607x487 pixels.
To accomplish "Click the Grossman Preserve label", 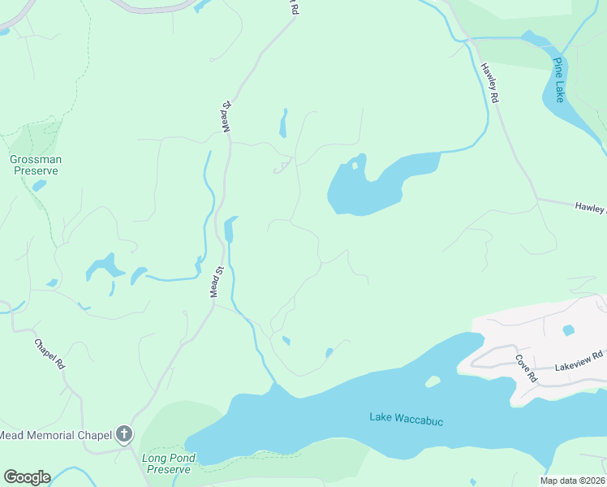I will pyautogui.click(x=35, y=166).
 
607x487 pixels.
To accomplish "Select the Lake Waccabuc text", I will pyautogui.click(x=406, y=418).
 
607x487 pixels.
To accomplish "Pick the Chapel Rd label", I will pyautogui.click(x=50, y=354).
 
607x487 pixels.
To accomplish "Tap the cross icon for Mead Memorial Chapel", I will pyautogui.click(x=124, y=435).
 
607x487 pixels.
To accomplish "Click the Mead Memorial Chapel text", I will pyautogui.click(x=54, y=436).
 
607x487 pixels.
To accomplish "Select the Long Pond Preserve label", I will pyautogui.click(x=166, y=463).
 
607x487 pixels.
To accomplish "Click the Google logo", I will pyautogui.click(x=27, y=477).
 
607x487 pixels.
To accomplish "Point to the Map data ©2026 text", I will pyautogui.click(x=570, y=480).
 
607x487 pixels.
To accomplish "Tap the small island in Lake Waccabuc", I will pyautogui.click(x=432, y=381).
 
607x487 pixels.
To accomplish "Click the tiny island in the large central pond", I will pyautogui.click(x=355, y=166).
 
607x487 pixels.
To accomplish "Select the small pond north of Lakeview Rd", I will pyautogui.click(x=568, y=330).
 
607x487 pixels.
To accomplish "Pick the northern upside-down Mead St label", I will pyautogui.click(x=228, y=118).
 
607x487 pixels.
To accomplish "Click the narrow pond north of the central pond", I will pyautogui.click(x=283, y=124).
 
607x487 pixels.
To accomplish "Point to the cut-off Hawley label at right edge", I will pyautogui.click(x=590, y=209).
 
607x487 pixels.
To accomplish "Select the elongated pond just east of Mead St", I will pyautogui.click(x=230, y=229).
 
